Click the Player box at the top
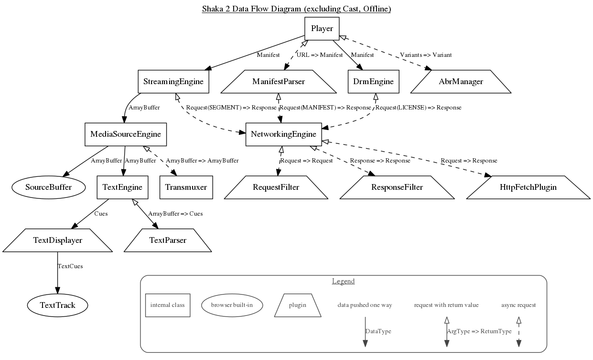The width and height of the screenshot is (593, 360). [x=322, y=29]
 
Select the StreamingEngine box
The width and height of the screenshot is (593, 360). [x=173, y=82]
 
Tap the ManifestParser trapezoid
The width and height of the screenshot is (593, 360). [x=279, y=82]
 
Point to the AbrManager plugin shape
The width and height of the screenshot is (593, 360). [x=461, y=82]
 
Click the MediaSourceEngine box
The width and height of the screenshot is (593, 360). [x=126, y=134]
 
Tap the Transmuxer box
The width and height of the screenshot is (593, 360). [x=186, y=187]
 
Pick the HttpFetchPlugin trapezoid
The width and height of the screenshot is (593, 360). [x=528, y=187]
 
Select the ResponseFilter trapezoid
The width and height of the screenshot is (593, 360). [x=397, y=187]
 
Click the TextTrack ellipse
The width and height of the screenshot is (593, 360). [x=57, y=305]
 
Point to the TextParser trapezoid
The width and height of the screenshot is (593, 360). [x=168, y=240]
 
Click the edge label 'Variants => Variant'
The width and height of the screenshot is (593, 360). [x=425, y=55]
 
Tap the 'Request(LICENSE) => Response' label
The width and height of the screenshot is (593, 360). [x=419, y=108]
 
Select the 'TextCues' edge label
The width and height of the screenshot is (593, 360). [x=70, y=266]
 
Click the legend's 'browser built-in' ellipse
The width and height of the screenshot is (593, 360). [x=232, y=305]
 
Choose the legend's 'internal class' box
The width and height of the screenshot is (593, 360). [x=167, y=305]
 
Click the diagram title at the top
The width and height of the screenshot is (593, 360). [x=296, y=9]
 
